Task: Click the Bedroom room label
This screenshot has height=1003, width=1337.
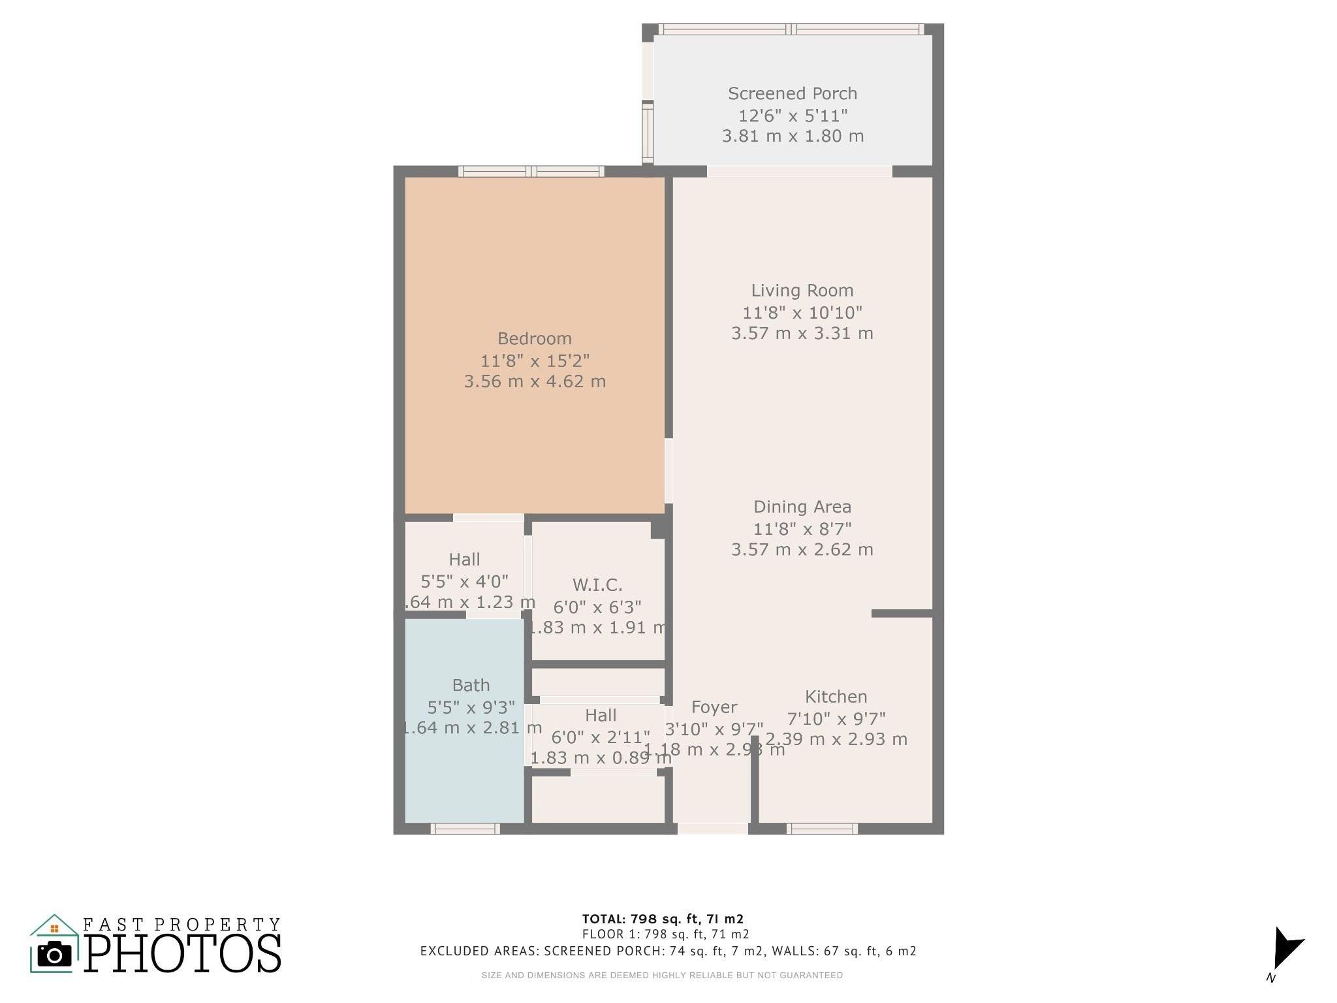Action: [534, 338]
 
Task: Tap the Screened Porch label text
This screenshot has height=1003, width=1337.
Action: [793, 93]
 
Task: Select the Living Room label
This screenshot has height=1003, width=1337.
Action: [802, 291]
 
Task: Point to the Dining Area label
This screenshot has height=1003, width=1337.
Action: [802, 507]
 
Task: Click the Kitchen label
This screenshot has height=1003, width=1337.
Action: [836, 697]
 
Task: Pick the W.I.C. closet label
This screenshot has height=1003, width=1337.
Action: [597, 584]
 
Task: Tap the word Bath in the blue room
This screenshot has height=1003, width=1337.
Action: [471, 685]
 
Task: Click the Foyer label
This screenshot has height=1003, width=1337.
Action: [714, 707]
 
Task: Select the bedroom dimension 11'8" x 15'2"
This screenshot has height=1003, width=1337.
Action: [535, 360]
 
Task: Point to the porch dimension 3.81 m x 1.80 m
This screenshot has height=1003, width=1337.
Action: [793, 136]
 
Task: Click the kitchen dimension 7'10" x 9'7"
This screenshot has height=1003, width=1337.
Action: [836, 719]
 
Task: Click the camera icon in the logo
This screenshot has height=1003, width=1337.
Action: [54, 955]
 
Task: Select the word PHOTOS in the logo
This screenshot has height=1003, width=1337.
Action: [183, 953]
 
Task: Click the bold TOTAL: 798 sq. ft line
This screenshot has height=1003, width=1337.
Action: [663, 919]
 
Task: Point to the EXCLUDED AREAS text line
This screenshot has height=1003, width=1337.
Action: [668, 951]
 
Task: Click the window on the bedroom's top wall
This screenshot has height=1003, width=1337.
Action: [531, 172]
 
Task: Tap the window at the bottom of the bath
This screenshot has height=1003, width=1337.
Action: [465, 829]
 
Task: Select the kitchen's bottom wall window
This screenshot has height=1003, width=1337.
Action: [822, 829]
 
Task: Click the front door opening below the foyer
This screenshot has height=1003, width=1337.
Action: [712, 829]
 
